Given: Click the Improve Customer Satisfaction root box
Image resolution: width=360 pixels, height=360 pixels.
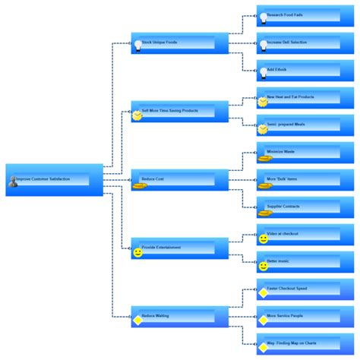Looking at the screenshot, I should (53, 180).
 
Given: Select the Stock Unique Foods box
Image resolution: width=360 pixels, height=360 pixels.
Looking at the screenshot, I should (179, 43).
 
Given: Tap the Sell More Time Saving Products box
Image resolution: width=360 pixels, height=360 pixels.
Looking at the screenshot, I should (179, 112).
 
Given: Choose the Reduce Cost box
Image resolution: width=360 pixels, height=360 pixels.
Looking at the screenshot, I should (179, 180).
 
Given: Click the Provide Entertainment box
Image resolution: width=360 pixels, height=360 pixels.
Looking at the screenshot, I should (179, 248).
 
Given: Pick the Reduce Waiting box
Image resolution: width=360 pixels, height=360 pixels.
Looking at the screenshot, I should (179, 317).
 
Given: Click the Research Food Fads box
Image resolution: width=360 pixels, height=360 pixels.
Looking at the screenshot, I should (298, 16).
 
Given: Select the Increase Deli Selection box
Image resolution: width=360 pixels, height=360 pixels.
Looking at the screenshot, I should (298, 43).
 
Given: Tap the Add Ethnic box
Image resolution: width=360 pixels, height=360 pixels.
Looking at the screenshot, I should (298, 71).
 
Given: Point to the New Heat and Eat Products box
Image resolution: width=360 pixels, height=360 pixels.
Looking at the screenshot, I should (298, 98).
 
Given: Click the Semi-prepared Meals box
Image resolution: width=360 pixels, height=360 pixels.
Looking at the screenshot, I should (298, 125).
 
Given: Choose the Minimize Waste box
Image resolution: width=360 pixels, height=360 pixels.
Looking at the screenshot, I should (298, 153).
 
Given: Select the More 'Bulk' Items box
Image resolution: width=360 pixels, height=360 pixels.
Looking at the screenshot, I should (298, 180).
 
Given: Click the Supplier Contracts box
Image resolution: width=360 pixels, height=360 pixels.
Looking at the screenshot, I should (298, 207).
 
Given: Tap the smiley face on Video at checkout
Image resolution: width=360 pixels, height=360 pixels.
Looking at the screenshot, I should (264, 238).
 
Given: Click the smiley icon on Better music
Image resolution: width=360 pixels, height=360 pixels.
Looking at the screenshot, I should (264, 266).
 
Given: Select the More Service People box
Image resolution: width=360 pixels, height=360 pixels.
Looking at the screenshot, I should (298, 317).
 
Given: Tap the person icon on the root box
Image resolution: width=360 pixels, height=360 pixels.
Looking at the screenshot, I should (12, 182).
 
